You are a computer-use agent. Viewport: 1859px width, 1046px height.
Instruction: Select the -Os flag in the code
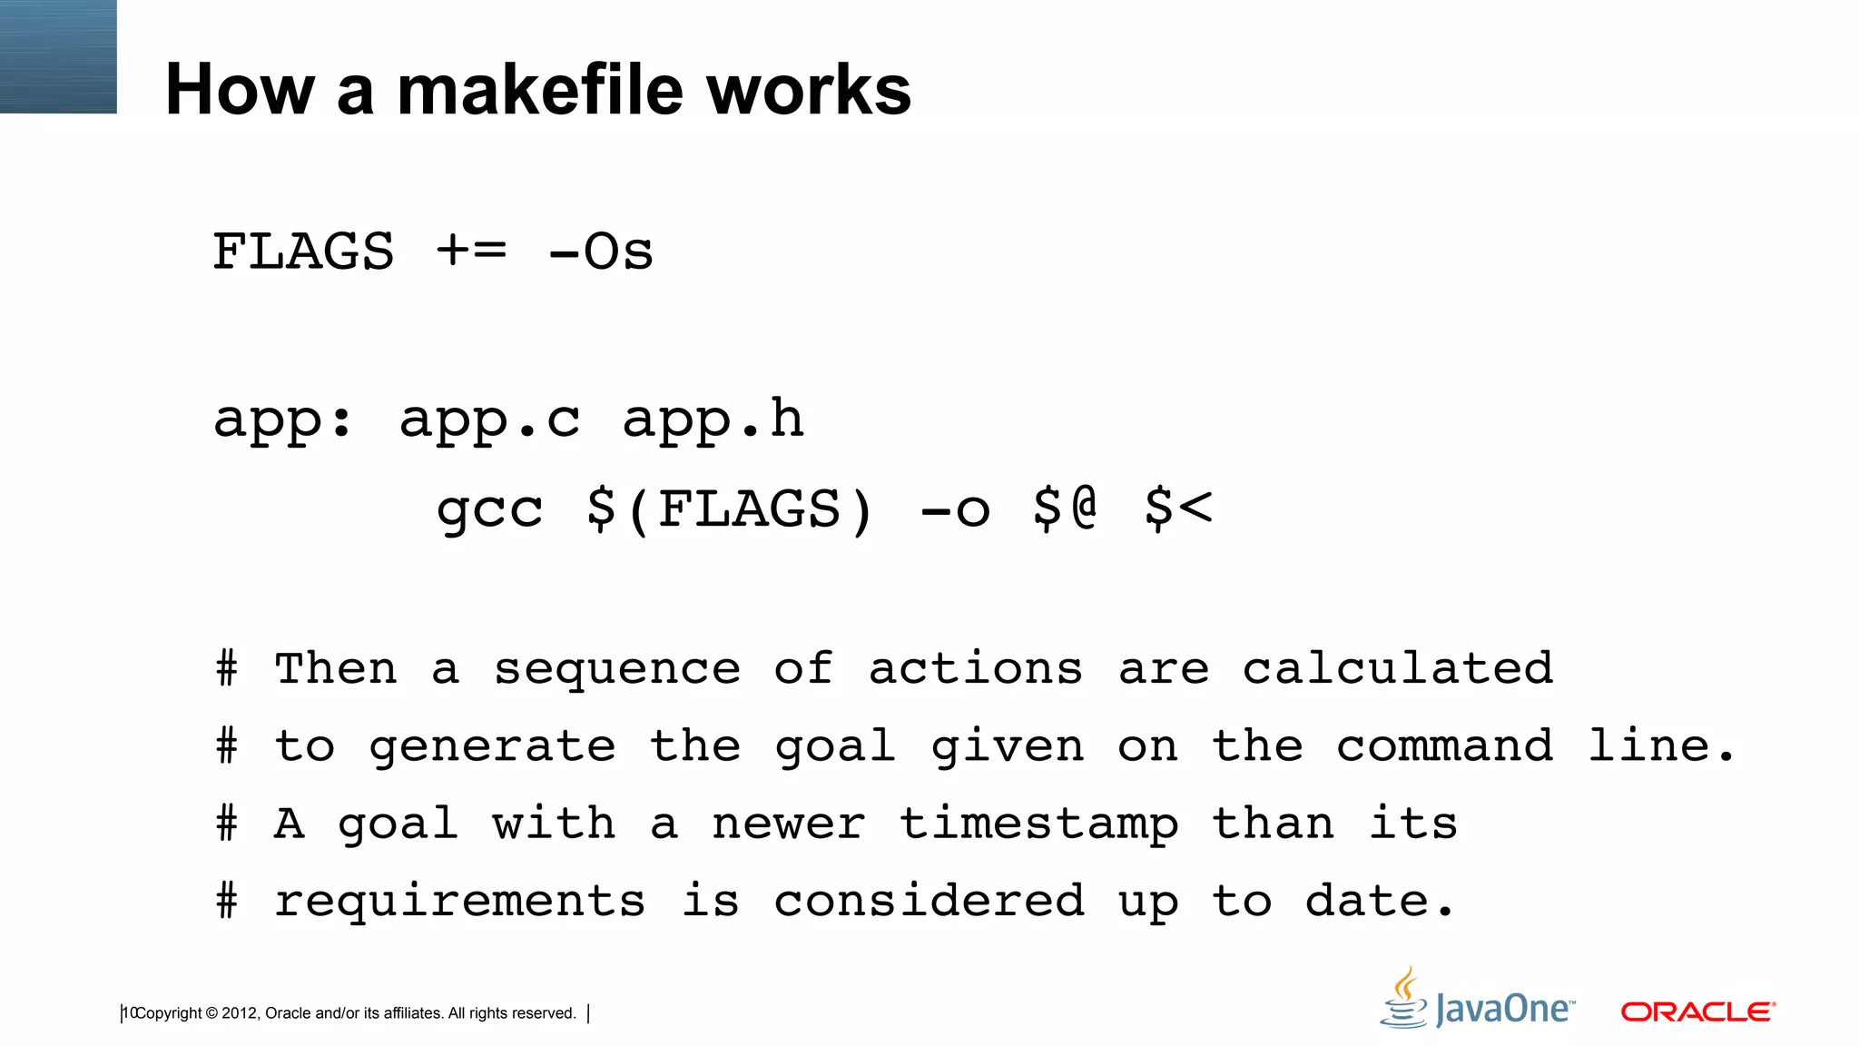pos(601,252)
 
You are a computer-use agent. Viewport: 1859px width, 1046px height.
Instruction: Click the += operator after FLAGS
pos(471,250)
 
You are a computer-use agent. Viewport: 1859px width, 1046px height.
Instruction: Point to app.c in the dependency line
pos(489,420)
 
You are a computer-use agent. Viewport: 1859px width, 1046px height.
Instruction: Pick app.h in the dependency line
pos(713,420)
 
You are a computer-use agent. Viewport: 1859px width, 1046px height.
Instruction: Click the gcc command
pos(489,510)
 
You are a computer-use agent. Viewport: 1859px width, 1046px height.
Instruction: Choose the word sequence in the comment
pos(617,670)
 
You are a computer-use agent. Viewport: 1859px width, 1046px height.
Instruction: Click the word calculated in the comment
pos(1398,668)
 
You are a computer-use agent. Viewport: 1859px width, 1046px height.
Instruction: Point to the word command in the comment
pos(1444,746)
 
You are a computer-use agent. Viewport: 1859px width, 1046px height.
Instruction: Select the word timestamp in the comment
pos(1039,825)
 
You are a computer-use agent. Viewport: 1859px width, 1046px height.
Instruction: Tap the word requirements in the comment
pos(459,902)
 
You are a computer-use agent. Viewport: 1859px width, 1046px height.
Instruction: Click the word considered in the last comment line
pos(929,901)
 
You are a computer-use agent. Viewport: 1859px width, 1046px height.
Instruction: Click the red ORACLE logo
pos(1697,1011)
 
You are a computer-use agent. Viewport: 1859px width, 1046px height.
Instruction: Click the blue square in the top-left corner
pos(58,56)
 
